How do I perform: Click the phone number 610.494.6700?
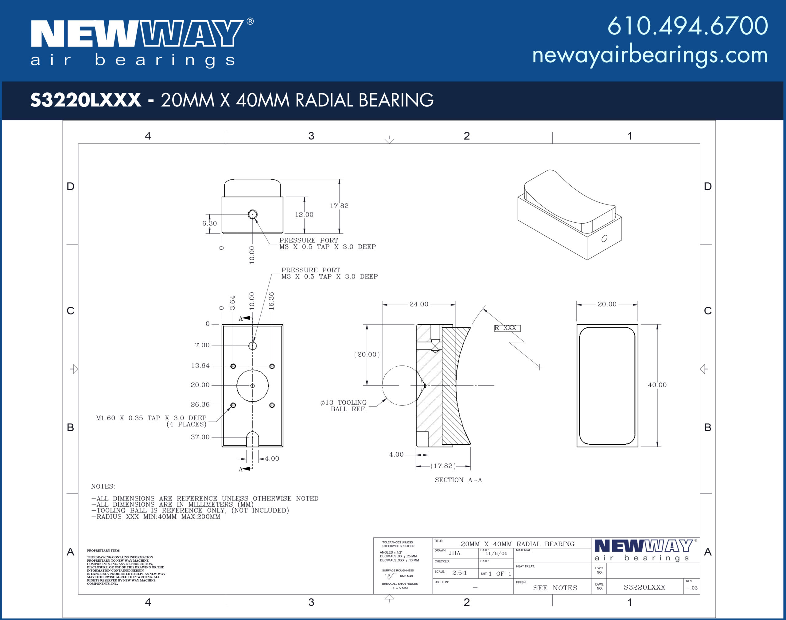click(687, 26)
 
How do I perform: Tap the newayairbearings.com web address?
click(650, 55)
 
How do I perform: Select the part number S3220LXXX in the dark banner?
click(86, 100)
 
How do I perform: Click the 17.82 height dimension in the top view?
click(339, 206)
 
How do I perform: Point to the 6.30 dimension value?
click(209, 223)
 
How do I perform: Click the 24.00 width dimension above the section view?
click(419, 304)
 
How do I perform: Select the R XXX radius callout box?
click(507, 328)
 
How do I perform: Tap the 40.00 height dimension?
click(657, 385)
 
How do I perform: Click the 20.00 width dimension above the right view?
click(607, 304)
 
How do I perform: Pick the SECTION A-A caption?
click(458, 480)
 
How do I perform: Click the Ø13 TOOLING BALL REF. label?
click(344, 405)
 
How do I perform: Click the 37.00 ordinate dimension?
click(200, 437)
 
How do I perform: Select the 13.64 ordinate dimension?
click(200, 365)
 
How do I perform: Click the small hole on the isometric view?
click(604, 239)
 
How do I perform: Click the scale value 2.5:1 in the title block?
click(459, 573)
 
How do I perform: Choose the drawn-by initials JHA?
click(454, 553)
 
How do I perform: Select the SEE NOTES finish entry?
click(555, 588)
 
